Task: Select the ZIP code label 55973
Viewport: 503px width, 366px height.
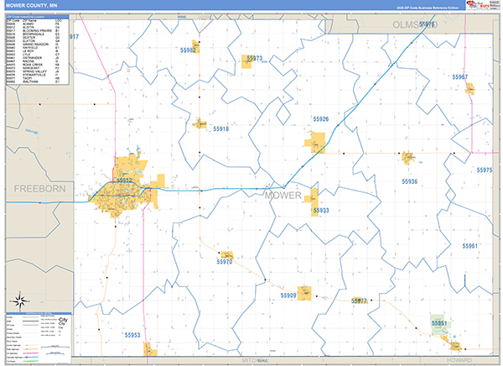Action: click(x=255, y=59)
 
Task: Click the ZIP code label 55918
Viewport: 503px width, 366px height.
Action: click(x=220, y=129)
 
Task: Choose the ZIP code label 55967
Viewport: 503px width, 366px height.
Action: click(x=459, y=77)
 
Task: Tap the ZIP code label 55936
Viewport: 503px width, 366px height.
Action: click(x=409, y=181)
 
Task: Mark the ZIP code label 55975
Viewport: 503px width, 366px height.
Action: click(x=485, y=170)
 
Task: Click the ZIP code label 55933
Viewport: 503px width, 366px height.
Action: click(x=321, y=210)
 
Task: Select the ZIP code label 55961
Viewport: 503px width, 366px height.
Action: click(x=469, y=246)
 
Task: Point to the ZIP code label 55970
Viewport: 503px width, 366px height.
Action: click(x=224, y=262)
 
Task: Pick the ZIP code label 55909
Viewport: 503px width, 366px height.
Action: click(x=288, y=295)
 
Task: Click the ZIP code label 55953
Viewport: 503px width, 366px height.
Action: click(x=132, y=335)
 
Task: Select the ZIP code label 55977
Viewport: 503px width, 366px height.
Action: click(x=360, y=301)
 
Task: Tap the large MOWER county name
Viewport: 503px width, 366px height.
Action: click(x=282, y=195)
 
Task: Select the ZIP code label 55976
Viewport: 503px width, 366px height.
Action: click(x=426, y=25)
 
